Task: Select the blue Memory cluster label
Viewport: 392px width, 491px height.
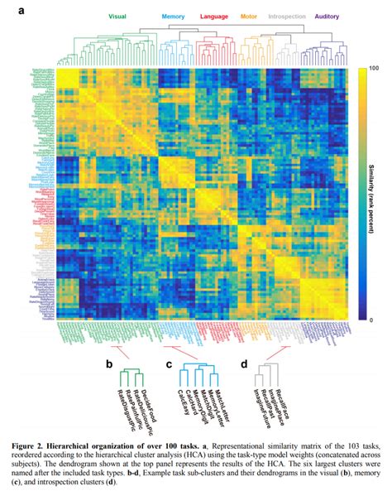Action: [x=173, y=16]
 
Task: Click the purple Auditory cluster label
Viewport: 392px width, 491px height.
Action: [x=328, y=16]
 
